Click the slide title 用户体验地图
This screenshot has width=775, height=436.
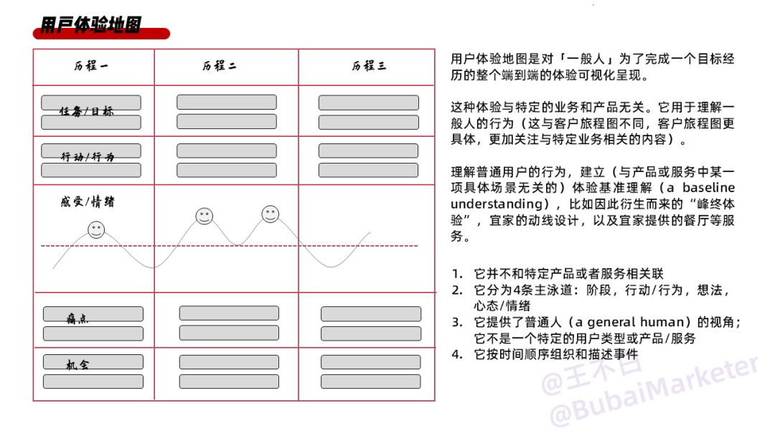click(91, 24)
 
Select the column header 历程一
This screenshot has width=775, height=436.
click(91, 66)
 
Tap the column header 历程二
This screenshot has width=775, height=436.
click(220, 66)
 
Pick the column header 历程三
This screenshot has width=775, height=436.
click(369, 66)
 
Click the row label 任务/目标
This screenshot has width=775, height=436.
click(87, 111)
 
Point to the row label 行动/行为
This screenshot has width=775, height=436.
click(88, 156)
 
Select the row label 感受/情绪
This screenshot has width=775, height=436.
click(88, 202)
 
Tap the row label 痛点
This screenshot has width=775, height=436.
click(77, 319)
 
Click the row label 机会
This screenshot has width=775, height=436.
click(77, 365)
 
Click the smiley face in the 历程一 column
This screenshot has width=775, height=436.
click(96, 229)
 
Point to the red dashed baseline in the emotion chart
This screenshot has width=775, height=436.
click(230, 245)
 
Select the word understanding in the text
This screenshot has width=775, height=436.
click(497, 204)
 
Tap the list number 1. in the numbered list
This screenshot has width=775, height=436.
click(457, 273)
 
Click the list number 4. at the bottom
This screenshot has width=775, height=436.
click(457, 354)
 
